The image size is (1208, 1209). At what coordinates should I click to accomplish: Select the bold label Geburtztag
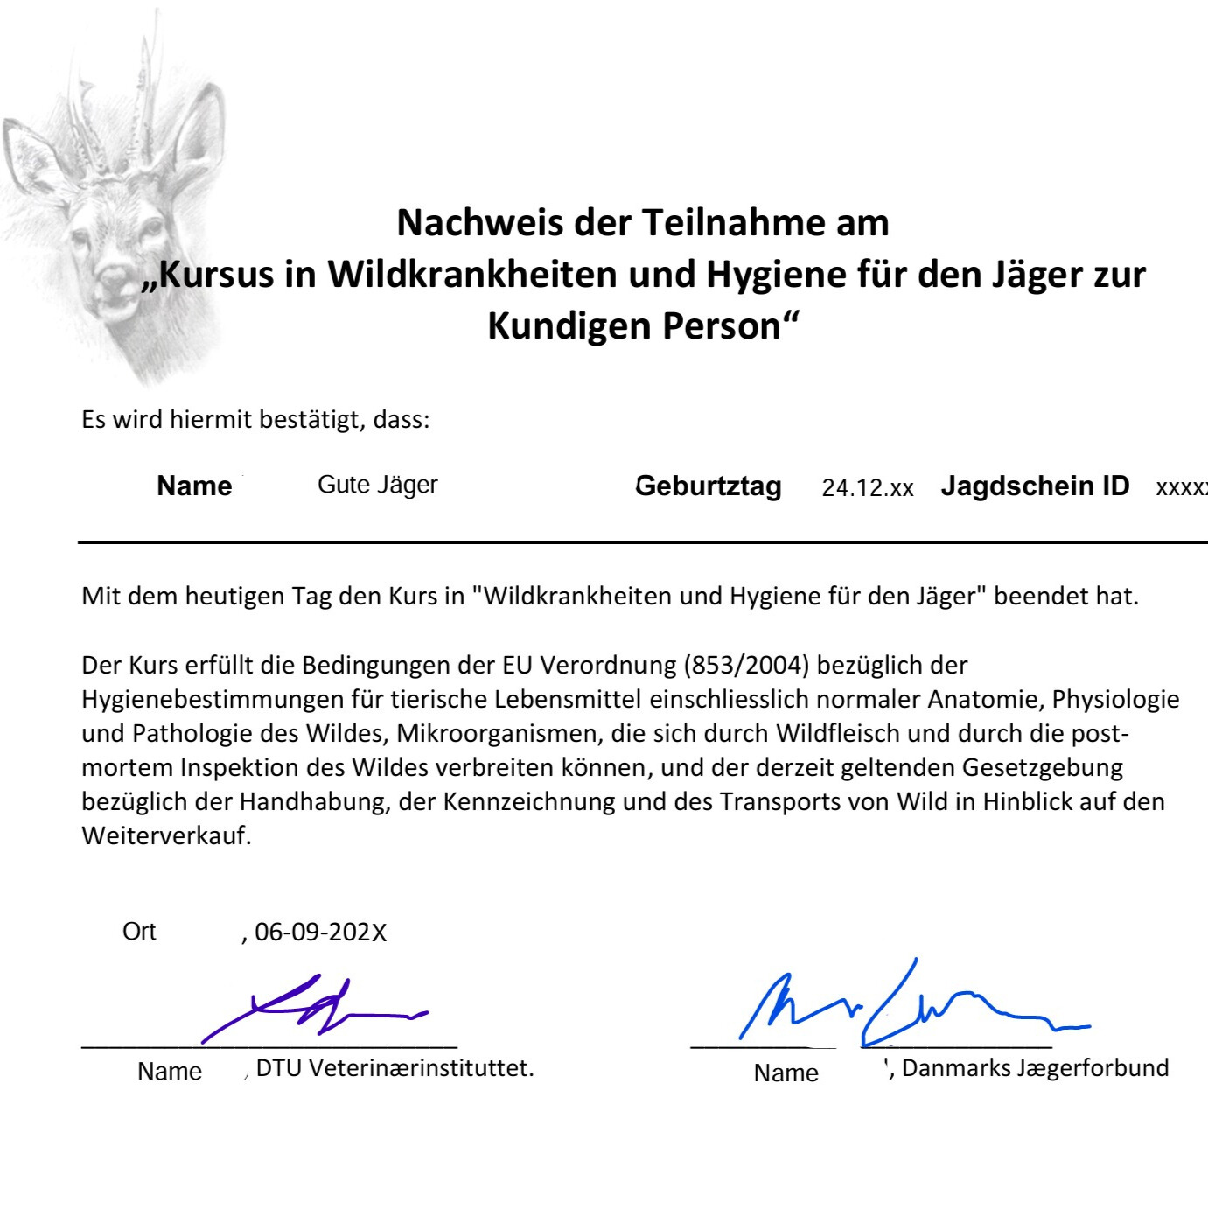[x=708, y=486]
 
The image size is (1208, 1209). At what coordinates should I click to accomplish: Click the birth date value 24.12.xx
[x=867, y=488]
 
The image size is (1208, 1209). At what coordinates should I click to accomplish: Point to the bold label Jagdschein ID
[x=1035, y=486]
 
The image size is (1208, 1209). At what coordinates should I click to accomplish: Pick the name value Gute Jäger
[x=377, y=485]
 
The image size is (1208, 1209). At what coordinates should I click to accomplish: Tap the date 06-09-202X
[x=320, y=933]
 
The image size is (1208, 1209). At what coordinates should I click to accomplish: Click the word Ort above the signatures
[x=139, y=931]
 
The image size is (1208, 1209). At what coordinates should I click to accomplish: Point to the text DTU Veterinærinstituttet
[x=395, y=1068]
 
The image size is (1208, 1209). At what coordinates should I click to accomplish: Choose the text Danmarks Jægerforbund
[x=1035, y=1068]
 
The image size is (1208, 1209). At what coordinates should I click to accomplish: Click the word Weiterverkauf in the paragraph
[x=166, y=835]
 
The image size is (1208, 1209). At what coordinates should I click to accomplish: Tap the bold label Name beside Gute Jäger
[x=194, y=486]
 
